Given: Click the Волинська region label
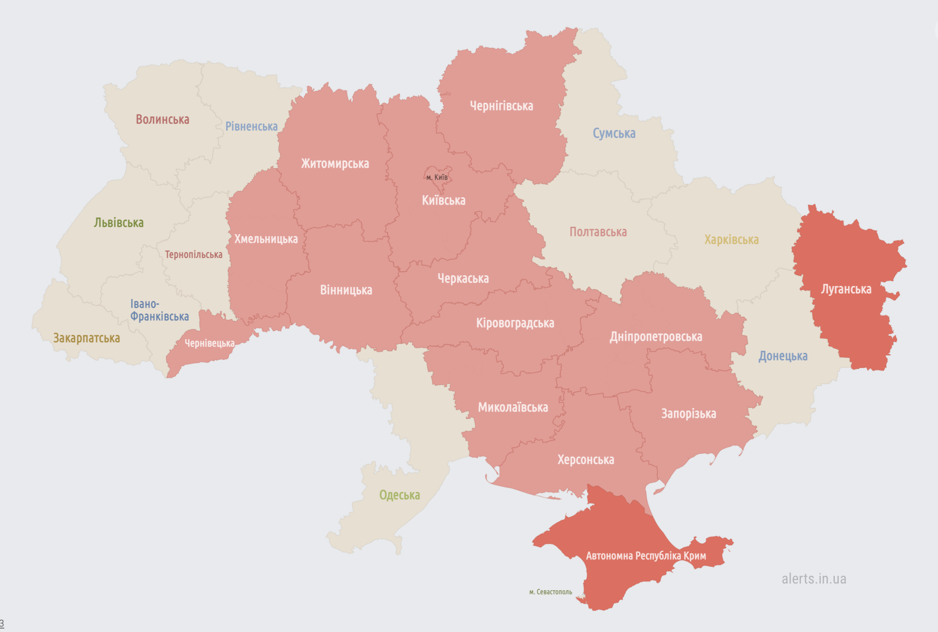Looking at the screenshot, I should (162, 119).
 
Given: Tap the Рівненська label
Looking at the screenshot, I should (251, 126).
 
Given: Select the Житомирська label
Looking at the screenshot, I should (335, 164).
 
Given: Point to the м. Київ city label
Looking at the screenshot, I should (437, 177).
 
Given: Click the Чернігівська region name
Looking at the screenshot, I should (501, 106).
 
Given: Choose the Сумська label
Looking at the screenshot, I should (614, 133).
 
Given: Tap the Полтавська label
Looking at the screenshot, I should (598, 232).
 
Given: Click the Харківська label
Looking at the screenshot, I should (731, 239).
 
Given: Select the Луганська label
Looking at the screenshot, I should (846, 289).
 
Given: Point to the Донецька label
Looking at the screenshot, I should (782, 356).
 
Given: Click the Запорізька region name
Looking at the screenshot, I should (688, 414).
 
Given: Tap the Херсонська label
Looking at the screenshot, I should (585, 459).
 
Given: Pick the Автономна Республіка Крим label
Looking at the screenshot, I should (645, 556).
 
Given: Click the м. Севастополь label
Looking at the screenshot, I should (550, 592).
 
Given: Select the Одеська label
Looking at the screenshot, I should (399, 495).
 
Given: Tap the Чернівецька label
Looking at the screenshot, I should (209, 343).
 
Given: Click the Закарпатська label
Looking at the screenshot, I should (86, 338).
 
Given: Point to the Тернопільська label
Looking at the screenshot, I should (193, 254).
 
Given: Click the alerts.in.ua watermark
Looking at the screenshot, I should (813, 579).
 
